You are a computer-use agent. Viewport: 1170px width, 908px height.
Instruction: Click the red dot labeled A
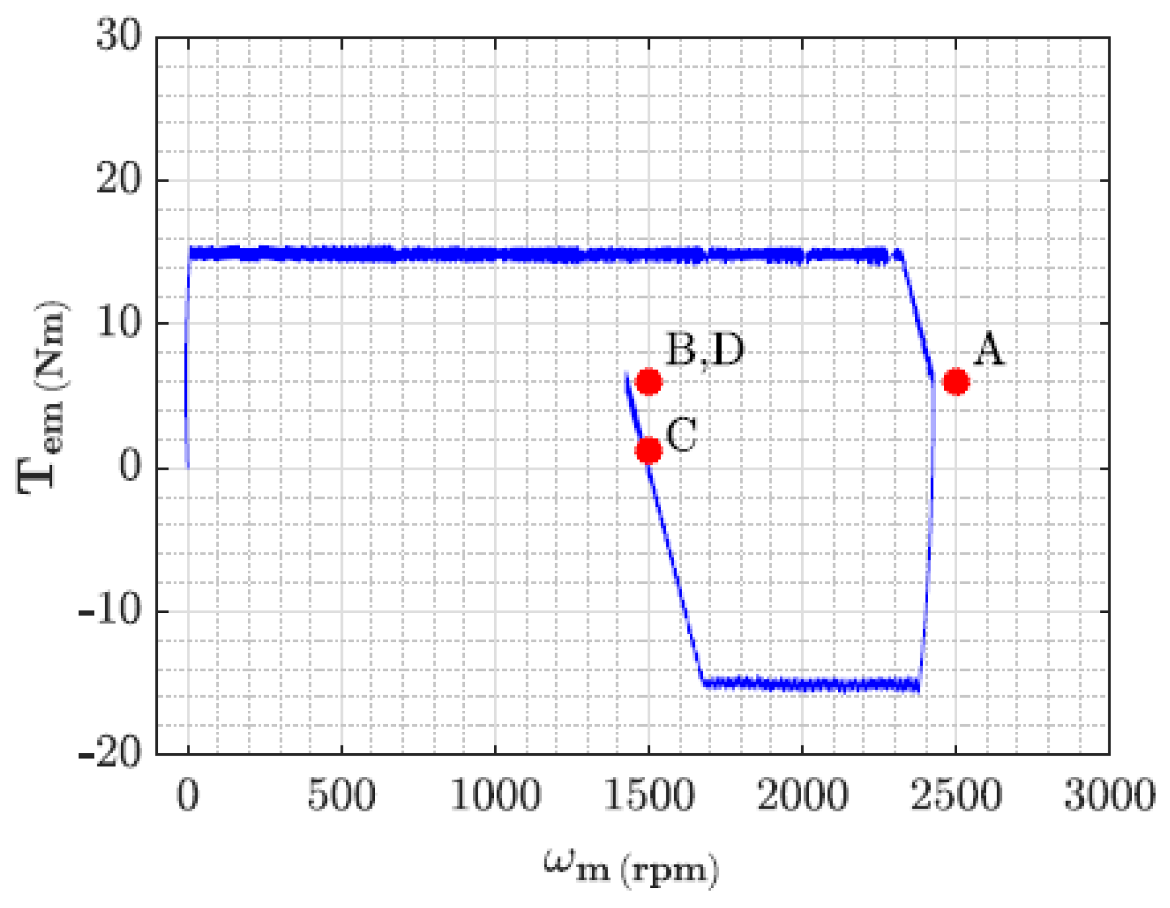[955, 381]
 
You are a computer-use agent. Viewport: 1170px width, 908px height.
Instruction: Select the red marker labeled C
[649, 450]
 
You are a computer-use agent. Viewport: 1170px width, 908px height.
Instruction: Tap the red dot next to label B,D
[649, 381]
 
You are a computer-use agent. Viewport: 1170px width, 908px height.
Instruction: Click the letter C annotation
[681, 435]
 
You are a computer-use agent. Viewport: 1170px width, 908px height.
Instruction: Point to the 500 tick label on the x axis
[342, 796]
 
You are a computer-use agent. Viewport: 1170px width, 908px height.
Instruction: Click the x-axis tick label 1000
[495, 796]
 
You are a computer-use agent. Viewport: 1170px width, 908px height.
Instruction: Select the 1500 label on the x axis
[649, 796]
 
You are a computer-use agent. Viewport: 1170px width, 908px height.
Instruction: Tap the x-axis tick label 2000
[802, 796]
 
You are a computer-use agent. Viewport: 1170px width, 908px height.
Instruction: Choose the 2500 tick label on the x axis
[956, 796]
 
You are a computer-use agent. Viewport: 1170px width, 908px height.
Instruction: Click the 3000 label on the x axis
[1110, 796]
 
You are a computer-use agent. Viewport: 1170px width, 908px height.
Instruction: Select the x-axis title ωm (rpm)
[631, 868]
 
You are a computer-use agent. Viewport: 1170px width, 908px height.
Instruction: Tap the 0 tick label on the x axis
[188, 796]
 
